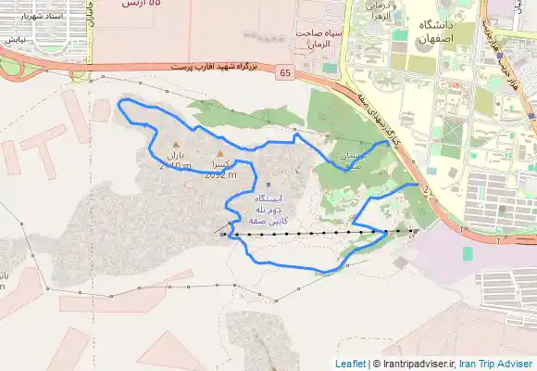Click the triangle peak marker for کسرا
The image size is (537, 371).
pyautogui.click(x=219, y=153)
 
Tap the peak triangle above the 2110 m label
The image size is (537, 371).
pyautogui.click(x=176, y=145)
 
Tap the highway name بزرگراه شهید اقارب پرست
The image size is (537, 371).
pyautogui.click(x=218, y=67)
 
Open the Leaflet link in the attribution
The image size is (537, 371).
pyautogui.click(x=350, y=364)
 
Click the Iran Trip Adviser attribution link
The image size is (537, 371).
pyautogui.click(x=498, y=364)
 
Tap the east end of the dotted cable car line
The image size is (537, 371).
pyautogui.click(x=414, y=231)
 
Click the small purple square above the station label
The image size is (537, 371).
pyautogui.click(x=268, y=185)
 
